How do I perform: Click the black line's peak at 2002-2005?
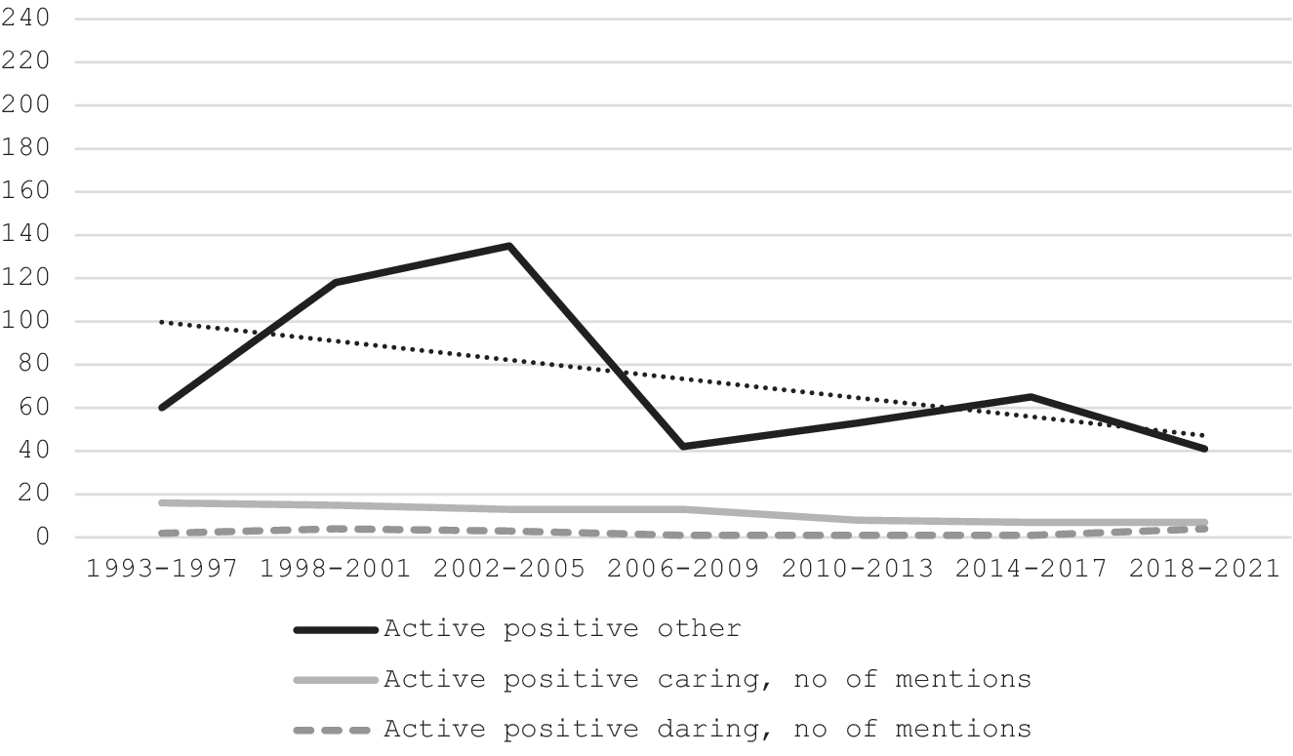click(509, 246)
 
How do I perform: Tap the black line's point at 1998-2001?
click(336, 282)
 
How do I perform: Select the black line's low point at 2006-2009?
click(683, 446)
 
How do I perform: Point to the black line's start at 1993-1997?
click(162, 407)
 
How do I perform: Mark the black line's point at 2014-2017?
click(1030, 397)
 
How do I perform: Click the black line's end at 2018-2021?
click(1205, 449)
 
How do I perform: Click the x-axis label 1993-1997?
click(162, 569)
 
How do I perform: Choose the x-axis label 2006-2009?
click(683, 569)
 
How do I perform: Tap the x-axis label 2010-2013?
click(857, 569)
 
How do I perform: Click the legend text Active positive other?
click(562, 628)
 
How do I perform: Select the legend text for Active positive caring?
click(707, 679)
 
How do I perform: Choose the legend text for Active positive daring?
click(707, 729)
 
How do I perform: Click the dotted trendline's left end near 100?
click(162, 321)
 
